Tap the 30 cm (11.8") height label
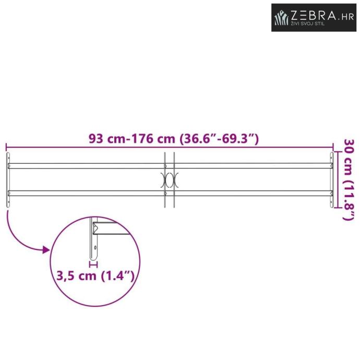pos(349,179)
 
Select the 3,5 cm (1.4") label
pos(95,275)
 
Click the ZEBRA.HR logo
pos(314,17)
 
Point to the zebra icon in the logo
pos(282,18)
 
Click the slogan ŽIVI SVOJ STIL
pos(308,23)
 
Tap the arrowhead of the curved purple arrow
pos(46,249)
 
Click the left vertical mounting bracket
pos(8,179)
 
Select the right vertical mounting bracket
pos(332,179)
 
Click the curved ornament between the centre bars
pos(170,180)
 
